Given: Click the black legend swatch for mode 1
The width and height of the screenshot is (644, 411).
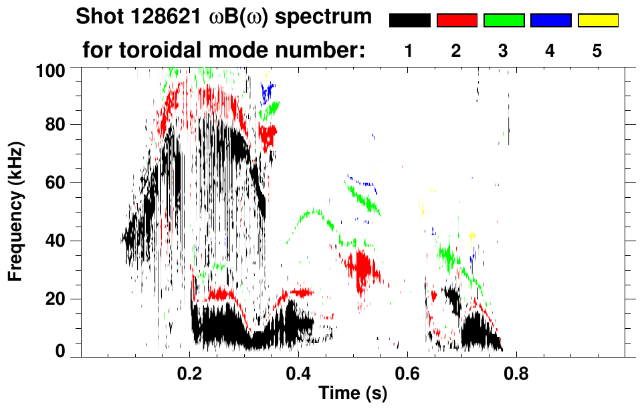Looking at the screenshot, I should pos(409,21).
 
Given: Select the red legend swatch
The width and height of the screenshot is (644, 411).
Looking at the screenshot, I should pos(457,21).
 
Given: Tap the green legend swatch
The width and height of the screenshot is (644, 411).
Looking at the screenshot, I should pos(504,21).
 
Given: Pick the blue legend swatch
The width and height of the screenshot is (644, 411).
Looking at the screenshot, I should pos(550,21).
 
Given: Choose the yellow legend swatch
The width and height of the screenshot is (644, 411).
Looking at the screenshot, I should pos(597,21).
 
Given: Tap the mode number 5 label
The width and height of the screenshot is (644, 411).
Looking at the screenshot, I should pos(597,51).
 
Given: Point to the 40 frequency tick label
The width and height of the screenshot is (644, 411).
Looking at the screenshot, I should pos(56,241).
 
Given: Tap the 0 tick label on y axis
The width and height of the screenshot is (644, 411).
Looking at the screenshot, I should pos(60,352).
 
